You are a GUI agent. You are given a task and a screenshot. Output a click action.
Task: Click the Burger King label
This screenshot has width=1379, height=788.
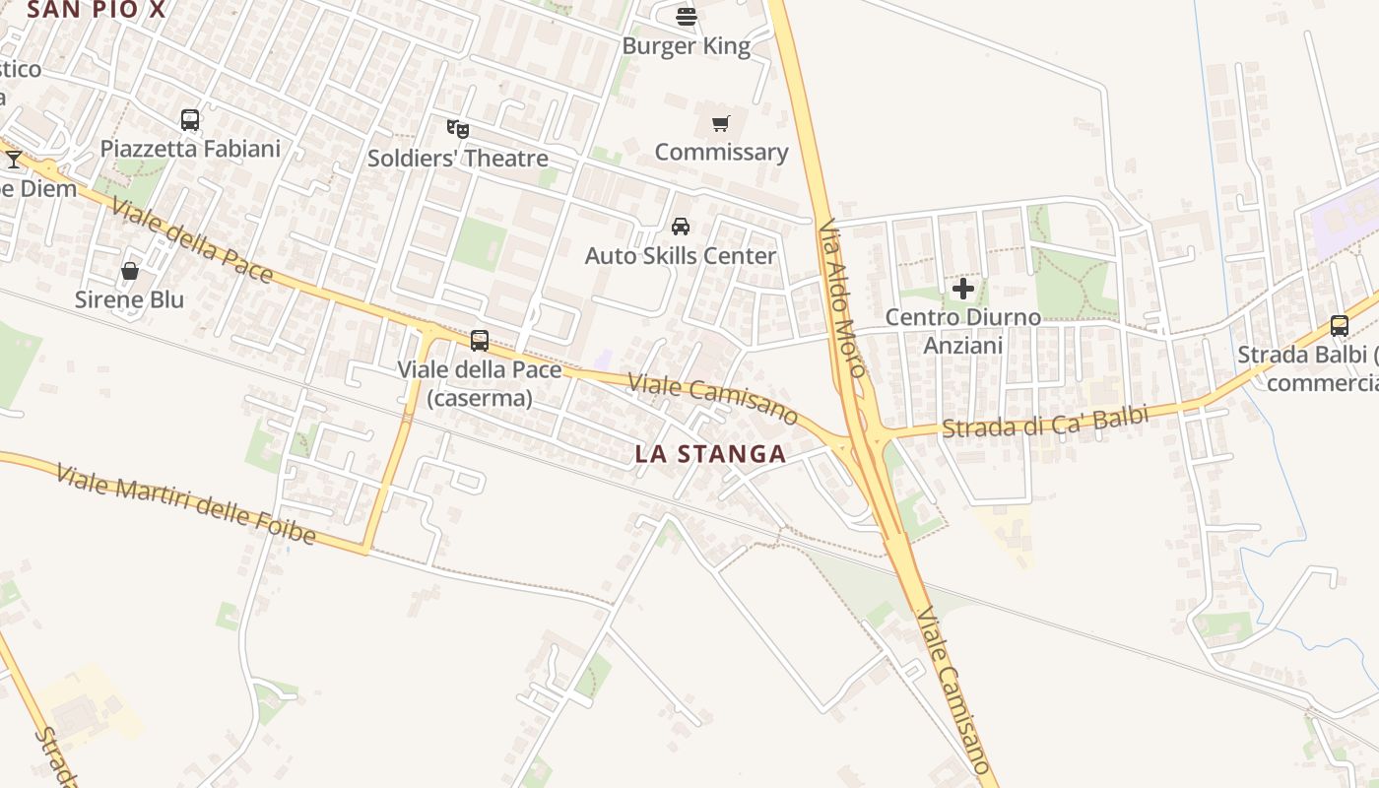point(687,46)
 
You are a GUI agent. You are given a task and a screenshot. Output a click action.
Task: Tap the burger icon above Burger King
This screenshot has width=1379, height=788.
point(687,15)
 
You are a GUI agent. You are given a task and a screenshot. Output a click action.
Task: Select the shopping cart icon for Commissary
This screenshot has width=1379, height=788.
point(721,124)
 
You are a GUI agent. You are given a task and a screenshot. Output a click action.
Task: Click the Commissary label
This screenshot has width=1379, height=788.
point(721,152)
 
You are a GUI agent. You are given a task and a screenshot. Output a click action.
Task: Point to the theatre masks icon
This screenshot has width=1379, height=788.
point(457,128)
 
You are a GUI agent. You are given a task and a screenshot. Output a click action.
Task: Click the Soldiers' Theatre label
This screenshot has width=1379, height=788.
point(457,158)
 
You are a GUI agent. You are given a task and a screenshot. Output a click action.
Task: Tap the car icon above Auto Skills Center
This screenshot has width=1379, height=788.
point(680,227)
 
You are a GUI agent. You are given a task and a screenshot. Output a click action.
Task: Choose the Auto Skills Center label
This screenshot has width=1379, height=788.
point(680,256)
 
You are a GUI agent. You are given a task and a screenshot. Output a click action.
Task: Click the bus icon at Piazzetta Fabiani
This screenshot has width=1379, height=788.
point(190,120)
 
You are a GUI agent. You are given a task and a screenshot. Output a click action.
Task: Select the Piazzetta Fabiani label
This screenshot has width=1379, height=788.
point(190,149)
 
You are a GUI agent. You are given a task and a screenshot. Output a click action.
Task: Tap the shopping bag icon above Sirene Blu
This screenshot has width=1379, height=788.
point(129,271)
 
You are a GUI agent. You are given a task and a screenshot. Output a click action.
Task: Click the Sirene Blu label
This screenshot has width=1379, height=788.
point(129,299)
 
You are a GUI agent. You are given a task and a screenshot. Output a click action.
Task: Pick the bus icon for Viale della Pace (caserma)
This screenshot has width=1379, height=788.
point(480,341)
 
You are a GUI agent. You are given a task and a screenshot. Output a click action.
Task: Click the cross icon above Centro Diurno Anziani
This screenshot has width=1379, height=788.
point(963,289)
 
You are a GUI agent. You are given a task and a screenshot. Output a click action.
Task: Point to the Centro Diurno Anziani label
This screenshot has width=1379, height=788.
point(962,331)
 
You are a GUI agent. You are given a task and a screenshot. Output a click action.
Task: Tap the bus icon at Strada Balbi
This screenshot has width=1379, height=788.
point(1340,325)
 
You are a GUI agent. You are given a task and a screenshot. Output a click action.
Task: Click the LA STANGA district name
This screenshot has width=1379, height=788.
point(710,454)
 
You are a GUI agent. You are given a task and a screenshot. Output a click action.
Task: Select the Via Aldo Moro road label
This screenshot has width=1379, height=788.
point(842,297)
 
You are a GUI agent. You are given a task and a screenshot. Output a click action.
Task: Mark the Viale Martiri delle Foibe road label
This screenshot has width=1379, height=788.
point(186,505)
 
